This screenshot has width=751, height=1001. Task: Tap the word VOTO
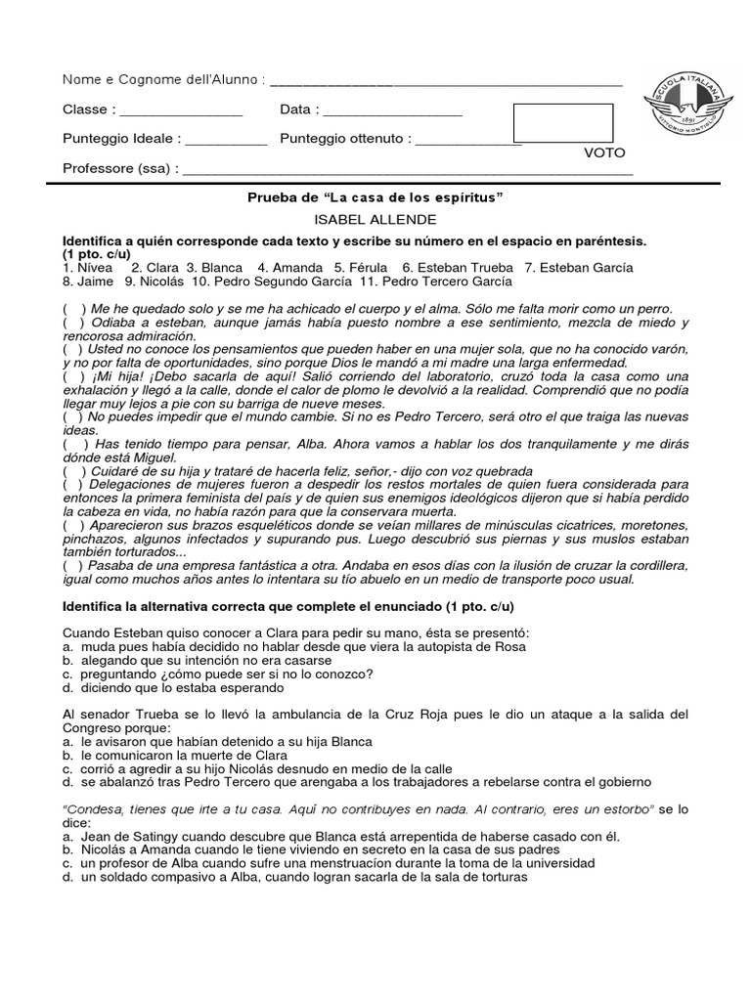tap(604, 153)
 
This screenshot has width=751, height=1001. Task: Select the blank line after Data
tap(390, 110)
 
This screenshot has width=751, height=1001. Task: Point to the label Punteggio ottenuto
tap(344, 139)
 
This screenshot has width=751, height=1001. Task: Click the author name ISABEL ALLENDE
tap(375, 219)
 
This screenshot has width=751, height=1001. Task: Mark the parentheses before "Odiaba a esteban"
tap(73, 323)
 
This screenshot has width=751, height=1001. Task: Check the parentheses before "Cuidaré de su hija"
tap(73, 470)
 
